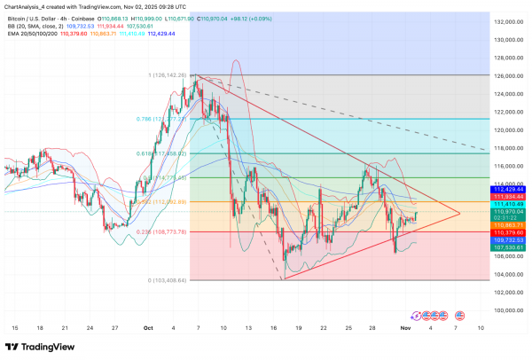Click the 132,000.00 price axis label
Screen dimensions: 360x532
509,22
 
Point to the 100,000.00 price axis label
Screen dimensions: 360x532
509,310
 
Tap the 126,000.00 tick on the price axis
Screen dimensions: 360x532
509,76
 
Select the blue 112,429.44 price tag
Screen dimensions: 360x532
509,189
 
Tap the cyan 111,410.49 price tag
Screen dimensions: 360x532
509,203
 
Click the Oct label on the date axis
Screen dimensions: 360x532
149,327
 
